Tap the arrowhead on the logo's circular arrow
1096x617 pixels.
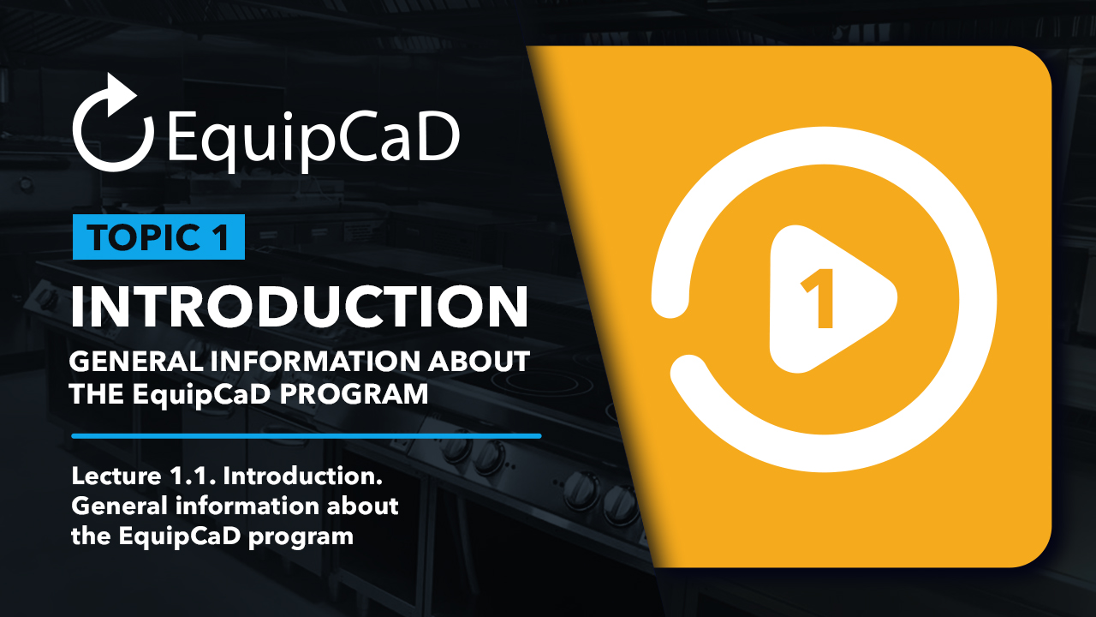pyautogui.click(x=121, y=94)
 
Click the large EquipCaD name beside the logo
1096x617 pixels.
pyautogui.click(x=313, y=139)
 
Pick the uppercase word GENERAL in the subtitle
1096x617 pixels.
pyautogui.click(x=136, y=361)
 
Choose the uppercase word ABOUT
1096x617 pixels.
pyautogui.click(x=479, y=361)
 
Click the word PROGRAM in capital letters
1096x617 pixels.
pyautogui.click(x=354, y=393)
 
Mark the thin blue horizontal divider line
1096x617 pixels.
pyautogui.click(x=307, y=436)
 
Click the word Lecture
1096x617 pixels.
pyautogui.click(x=116, y=476)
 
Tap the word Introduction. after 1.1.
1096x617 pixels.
pyautogui.click(x=303, y=476)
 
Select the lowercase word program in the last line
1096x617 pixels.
pyautogui.click(x=301, y=537)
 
